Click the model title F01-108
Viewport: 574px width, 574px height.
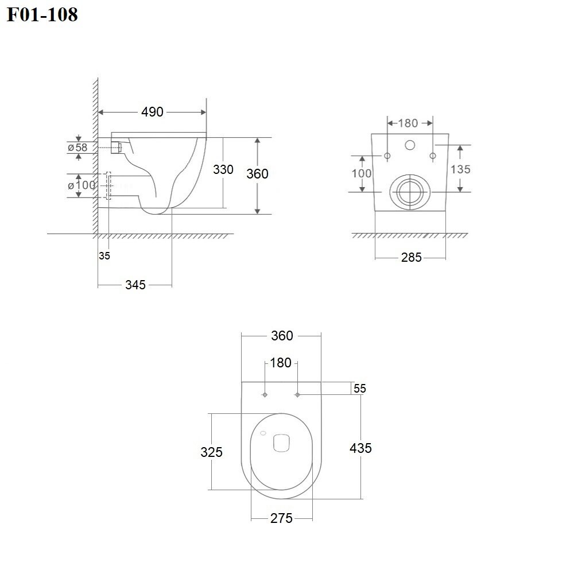coord(42,15)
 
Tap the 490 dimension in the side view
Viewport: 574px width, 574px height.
coord(152,112)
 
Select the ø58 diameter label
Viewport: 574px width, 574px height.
coord(77,148)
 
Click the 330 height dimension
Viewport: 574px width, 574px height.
coord(223,169)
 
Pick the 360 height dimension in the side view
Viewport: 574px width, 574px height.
coord(257,173)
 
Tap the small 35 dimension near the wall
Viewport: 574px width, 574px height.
coord(104,256)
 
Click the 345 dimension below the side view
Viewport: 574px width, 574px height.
coord(135,285)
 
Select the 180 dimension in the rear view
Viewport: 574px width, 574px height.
coord(408,123)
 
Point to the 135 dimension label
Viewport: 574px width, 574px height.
coord(460,169)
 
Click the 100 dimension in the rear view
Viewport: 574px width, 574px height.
coord(362,173)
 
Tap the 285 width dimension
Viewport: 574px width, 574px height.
coord(411,258)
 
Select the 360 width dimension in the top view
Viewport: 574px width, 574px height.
coord(282,336)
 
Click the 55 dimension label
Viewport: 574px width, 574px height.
coord(360,389)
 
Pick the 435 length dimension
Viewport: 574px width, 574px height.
coord(360,448)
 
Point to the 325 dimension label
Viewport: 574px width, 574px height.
coord(211,452)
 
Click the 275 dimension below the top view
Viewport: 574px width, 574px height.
coord(281,519)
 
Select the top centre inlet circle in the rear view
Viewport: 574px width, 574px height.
coord(410,145)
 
